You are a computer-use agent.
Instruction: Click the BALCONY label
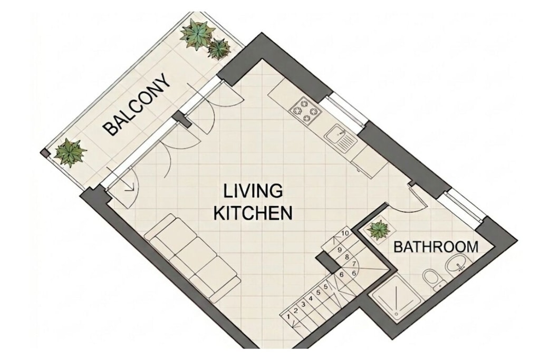[138, 104]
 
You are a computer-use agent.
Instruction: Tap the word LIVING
[253, 191]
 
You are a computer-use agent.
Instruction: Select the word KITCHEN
[253, 213]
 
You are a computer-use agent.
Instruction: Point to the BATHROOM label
[436, 247]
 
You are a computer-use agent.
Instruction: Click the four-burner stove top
[306, 110]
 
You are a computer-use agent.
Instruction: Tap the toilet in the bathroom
[432, 279]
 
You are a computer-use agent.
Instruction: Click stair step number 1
[288, 317]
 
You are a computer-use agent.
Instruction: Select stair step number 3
[303, 304]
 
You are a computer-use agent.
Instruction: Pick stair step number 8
[347, 257]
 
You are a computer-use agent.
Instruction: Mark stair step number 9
[340, 250]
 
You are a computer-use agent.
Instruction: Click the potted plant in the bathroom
[378, 230]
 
